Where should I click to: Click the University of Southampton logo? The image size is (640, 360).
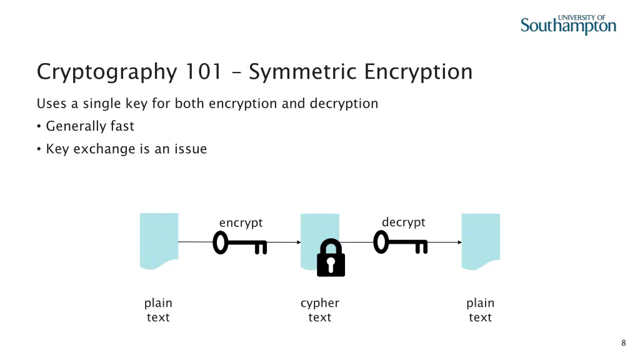568,24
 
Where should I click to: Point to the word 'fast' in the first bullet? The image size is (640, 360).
122,126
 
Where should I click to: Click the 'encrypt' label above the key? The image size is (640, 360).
241,223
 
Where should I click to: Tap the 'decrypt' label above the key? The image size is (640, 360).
403,222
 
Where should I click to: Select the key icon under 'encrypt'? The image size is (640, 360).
239,242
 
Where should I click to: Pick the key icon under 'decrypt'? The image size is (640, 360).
401,242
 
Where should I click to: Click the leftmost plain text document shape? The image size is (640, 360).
159,241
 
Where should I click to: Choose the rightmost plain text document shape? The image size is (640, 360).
481,241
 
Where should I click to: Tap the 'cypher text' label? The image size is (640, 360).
320,310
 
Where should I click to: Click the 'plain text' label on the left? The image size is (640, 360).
158,310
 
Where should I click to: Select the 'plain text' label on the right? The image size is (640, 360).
481,310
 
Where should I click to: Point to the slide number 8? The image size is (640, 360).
623,343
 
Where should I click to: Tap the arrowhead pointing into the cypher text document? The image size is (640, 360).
299,242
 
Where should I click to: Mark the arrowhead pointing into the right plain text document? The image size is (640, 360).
459,242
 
